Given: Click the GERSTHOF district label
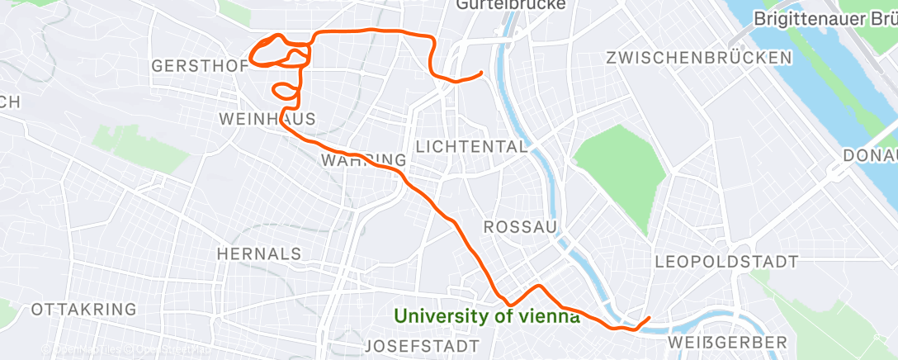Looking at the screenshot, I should click(199, 66).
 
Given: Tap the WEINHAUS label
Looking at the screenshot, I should click(267, 119).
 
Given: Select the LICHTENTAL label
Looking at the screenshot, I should click(471, 147).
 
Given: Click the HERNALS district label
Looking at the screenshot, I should click(258, 253).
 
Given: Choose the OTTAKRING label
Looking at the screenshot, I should click(83, 310).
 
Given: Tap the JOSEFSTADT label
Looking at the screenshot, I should click(422, 343).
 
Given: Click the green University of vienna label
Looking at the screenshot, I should click(486, 315).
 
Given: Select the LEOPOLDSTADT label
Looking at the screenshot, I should click(725, 262).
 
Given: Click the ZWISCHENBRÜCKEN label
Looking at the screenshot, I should click(698, 58).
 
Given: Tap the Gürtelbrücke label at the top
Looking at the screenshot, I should click(510, 5).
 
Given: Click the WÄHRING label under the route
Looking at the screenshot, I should click(363, 159).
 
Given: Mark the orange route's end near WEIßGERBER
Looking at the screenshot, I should click(650, 318).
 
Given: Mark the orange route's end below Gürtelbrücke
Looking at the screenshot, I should click(481, 73).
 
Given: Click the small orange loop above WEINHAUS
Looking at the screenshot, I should click(282, 88).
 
